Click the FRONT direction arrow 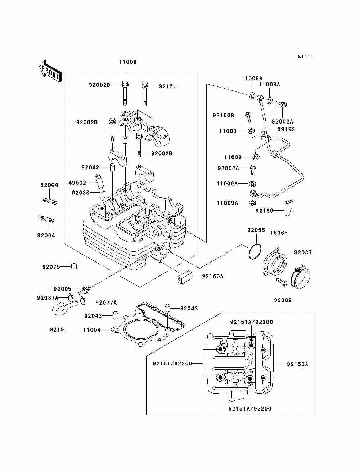click(x=50, y=71)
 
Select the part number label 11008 click(x=128, y=62)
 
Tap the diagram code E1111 click(x=306, y=57)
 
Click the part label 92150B click(x=223, y=116)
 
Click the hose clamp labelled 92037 click(x=300, y=277)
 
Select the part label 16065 click(x=279, y=233)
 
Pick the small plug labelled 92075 click(x=74, y=267)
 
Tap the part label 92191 click(x=59, y=329)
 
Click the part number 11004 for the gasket click(x=92, y=330)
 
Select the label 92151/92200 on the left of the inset click(x=172, y=363)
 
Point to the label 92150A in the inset click(x=298, y=364)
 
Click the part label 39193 click(x=286, y=129)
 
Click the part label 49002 click(x=77, y=183)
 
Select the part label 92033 click(x=80, y=193)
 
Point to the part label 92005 click(x=62, y=289)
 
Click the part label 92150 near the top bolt click(x=168, y=86)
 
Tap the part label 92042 click(x=90, y=167)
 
